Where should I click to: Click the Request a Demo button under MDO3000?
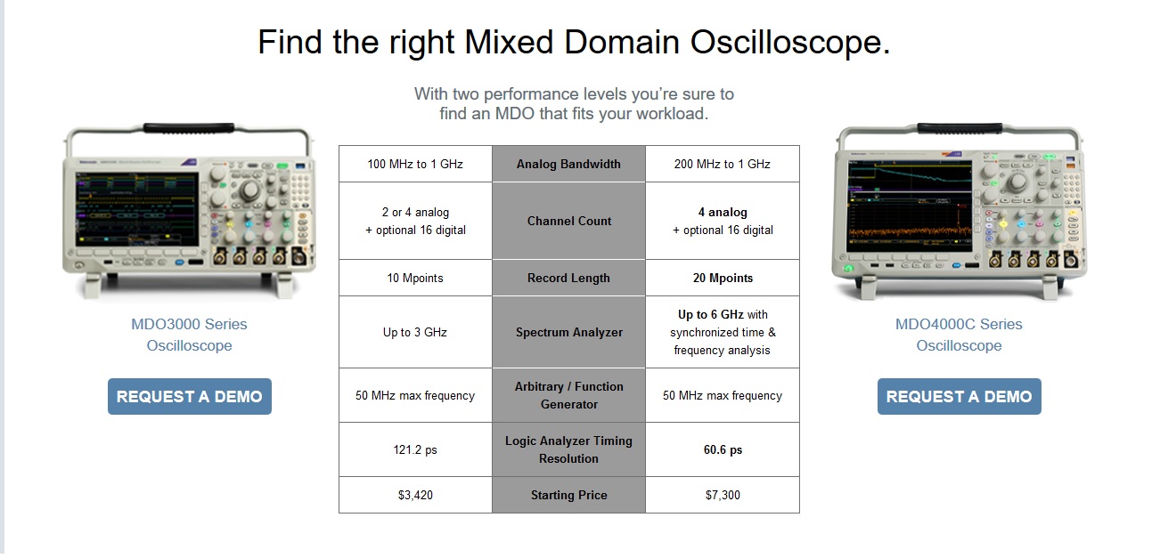(190, 396)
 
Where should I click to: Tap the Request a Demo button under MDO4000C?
(959, 396)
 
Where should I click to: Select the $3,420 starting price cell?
(415, 495)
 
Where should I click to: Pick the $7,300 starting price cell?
(723, 495)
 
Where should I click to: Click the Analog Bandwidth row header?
(568, 164)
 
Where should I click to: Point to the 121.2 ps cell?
(415, 449)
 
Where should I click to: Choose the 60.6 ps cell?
(723, 449)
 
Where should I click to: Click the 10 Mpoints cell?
(415, 278)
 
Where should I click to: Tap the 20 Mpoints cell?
(723, 278)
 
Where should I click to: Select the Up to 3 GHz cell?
(415, 332)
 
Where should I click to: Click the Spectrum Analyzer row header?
(568, 332)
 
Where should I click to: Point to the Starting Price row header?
(568, 495)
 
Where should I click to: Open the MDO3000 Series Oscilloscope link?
(189, 335)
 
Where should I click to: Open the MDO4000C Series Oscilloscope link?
(959, 335)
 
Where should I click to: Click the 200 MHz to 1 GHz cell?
(723, 164)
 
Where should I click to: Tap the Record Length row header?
(568, 278)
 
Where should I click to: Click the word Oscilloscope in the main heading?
(789, 42)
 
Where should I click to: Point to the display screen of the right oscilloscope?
(910, 206)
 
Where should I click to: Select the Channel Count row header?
(568, 221)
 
